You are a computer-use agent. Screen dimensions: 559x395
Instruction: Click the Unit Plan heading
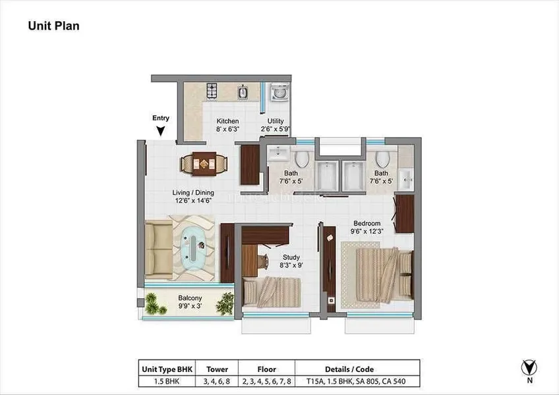coord(54,26)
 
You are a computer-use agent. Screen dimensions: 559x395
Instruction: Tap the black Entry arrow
coord(161,131)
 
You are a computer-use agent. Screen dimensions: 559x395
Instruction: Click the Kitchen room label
coord(227,121)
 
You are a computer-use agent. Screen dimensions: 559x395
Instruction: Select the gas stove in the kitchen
coord(212,90)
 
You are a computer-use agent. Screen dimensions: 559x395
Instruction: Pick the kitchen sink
coord(243,92)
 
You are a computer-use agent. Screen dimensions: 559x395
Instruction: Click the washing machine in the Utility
coord(279,93)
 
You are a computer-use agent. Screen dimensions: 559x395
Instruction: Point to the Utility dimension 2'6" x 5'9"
coord(276,129)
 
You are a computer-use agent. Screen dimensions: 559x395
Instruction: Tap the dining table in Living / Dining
coord(204,164)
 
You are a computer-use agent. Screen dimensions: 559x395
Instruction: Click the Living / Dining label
coord(193,193)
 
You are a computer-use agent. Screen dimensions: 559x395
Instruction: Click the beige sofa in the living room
coord(159,250)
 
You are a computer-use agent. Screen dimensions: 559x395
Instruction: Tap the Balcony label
coord(190,298)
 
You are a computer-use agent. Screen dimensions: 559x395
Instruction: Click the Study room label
coord(291,257)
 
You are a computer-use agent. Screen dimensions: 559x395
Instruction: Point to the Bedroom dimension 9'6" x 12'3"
coord(367,231)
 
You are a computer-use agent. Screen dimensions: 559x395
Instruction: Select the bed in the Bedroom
coord(385,275)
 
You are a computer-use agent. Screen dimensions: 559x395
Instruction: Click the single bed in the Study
coord(272,292)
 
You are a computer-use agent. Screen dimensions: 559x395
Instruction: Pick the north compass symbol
coord(529,368)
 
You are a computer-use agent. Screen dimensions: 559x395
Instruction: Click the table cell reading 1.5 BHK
coord(167,381)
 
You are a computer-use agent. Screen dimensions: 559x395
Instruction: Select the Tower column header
coord(217,369)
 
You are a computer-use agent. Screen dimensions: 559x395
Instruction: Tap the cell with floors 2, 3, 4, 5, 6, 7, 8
coord(267,381)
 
